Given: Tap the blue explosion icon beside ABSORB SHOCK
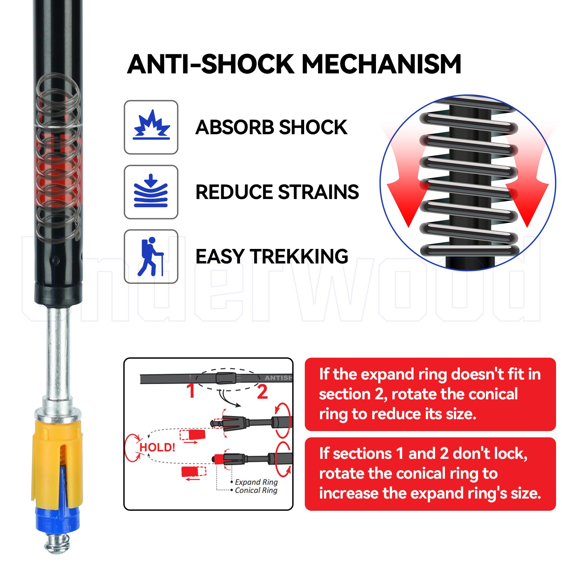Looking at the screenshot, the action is click(x=151, y=125).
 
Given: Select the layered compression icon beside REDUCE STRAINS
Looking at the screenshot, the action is click(x=151, y=191).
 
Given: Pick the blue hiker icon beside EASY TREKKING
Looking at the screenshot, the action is click(x=150, y=257).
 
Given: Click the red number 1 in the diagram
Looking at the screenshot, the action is click(x=191, y=391).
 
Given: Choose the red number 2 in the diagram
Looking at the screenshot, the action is click(x=262, y=392).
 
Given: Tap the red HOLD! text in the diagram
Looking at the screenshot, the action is click(x=157, y=448).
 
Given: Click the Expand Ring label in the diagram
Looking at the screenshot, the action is click(x=256, y=482).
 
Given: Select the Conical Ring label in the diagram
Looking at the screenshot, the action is click(x=256, y=490).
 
